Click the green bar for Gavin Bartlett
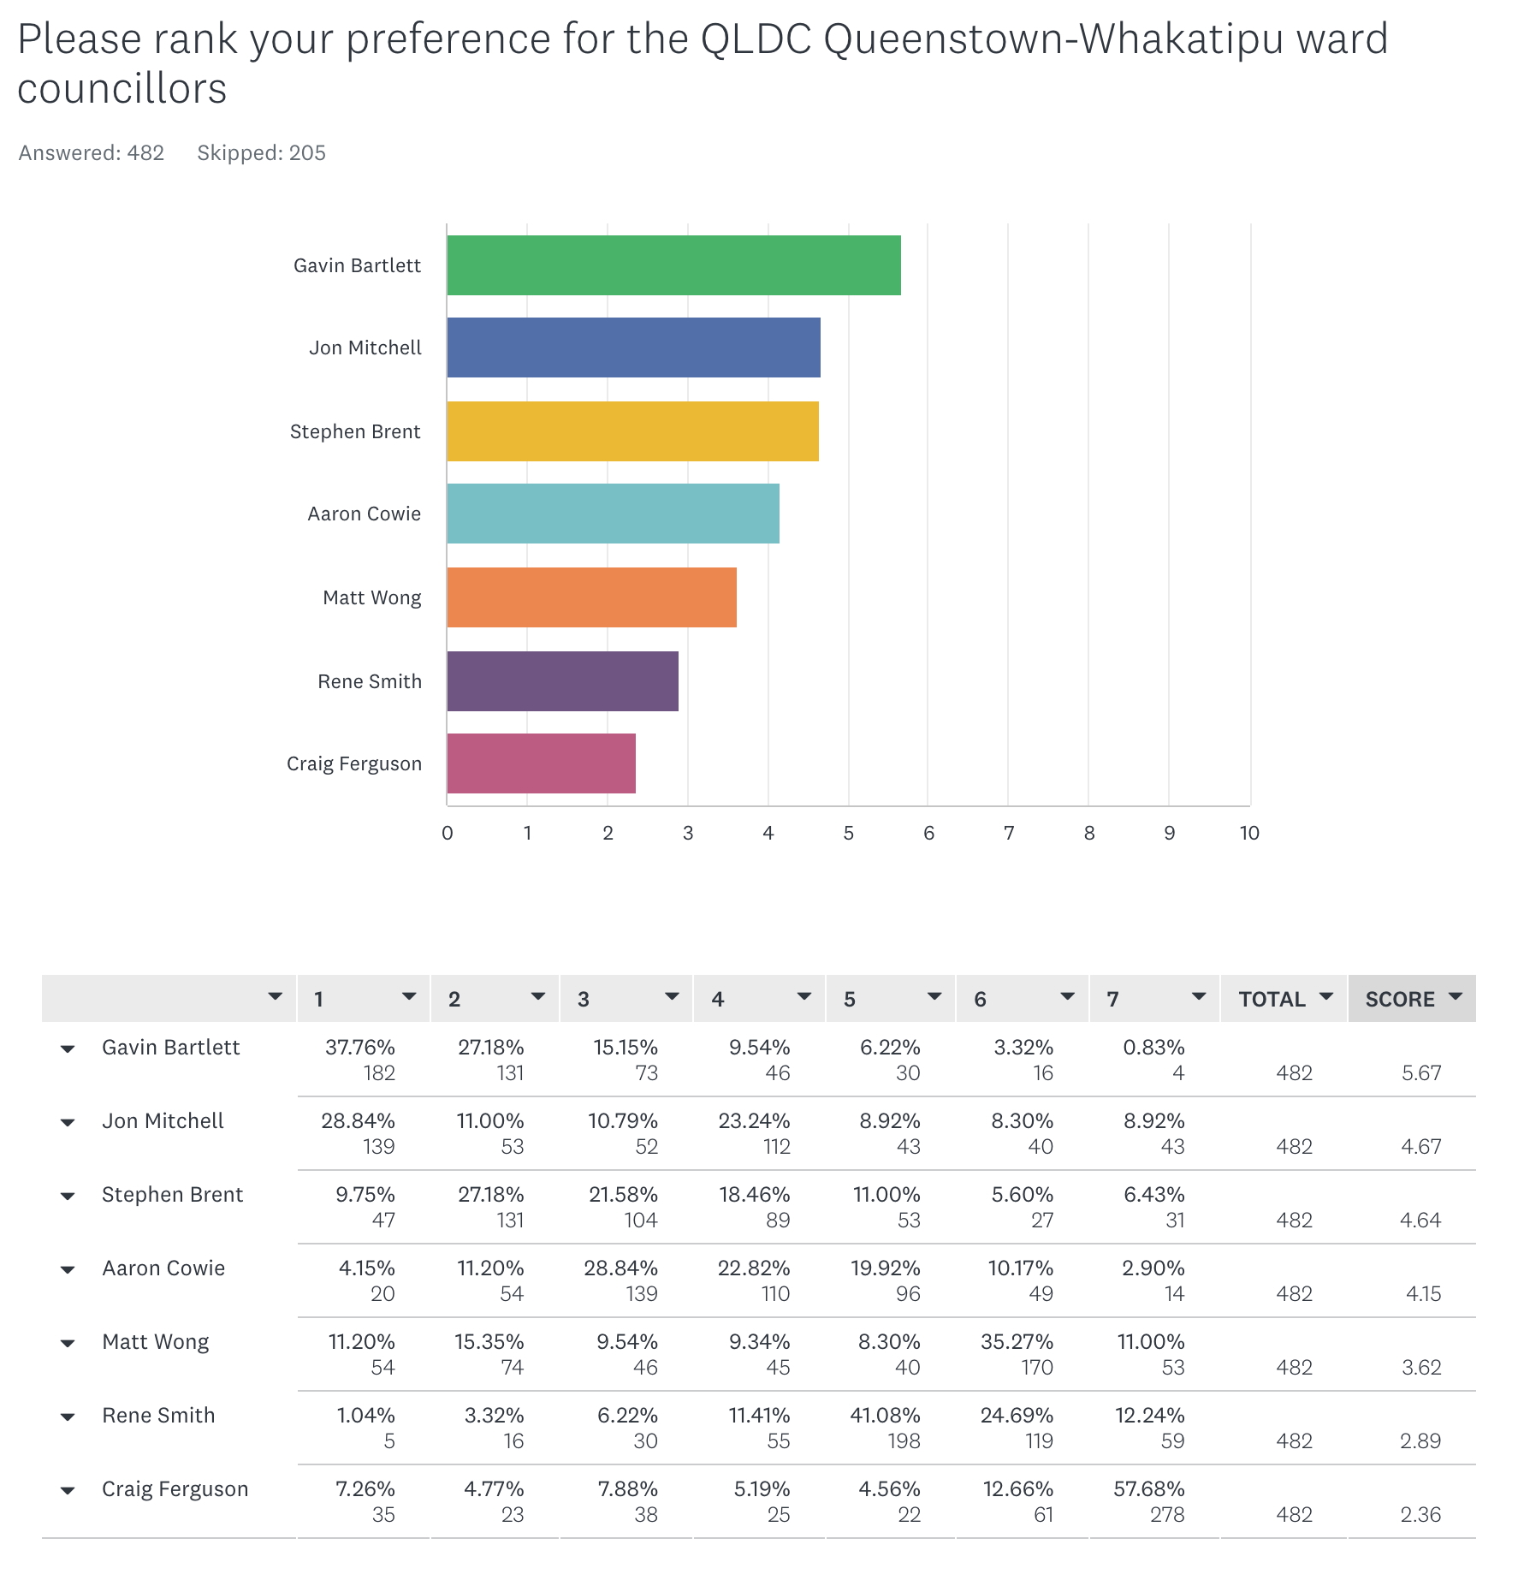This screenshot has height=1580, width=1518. click(x=673, y=265)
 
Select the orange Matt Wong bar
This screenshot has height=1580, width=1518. click(x=591, y=597)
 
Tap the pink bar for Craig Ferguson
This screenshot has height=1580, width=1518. click(x=541, y=763)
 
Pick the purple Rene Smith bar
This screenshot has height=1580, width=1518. click(x=562, y=681)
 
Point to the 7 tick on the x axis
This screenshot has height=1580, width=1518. click(x=1009, y=833)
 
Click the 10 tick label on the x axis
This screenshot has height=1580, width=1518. click(x=1249, y=833)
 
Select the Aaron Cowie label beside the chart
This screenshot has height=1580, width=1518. click(x=364, y=514)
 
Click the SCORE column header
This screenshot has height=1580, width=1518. click(x=1400, y=999)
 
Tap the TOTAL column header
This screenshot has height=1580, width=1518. click(x=1272, y=999)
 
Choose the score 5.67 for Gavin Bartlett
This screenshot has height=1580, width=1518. click(x=1420, y=1072)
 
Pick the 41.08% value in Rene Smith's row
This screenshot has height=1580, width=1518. click(x=885, y=1416)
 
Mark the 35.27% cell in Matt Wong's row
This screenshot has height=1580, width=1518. click(x=1017, y=1342)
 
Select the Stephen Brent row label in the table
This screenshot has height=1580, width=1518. click(x=172, y=1195)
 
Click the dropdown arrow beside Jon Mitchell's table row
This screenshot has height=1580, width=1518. click(x=68, y=1123)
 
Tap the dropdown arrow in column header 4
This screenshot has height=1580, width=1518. click(x=804, y=996)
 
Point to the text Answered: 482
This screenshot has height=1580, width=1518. click(x=92, y=152)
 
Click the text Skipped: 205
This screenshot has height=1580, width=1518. click(x=261, y=152)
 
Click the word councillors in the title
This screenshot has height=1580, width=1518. click(x=122, y=89)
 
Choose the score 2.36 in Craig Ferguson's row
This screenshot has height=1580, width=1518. click(x=1420, y=1514)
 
